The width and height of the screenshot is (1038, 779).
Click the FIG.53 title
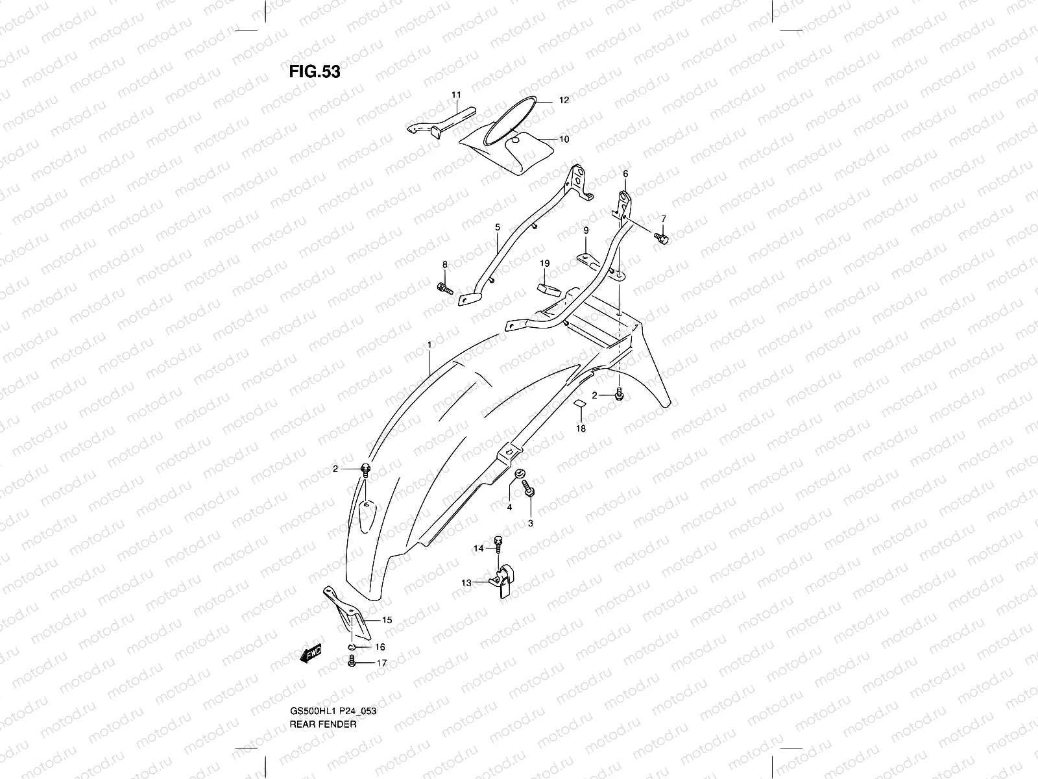coord(315,71)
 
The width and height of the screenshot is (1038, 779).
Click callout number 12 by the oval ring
coord(564,101)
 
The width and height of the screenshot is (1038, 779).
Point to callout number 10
coord(564,139)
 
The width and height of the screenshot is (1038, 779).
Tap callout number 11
coord(455,95)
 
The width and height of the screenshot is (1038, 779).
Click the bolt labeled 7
coord(661,239)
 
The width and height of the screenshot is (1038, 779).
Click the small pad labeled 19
coord(547,288)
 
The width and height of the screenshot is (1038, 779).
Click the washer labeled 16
coord(351,647)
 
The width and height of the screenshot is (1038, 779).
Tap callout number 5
coord(498,228)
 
